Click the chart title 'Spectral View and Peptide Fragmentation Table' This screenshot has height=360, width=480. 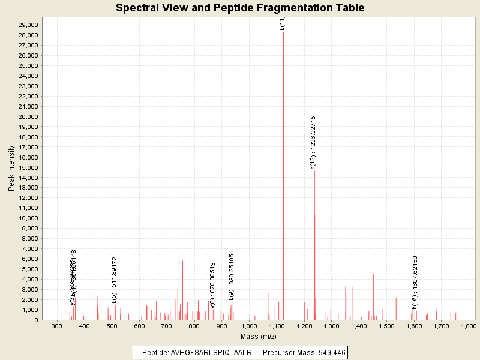[240, 8]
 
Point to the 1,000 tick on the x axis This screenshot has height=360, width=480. [250, 326]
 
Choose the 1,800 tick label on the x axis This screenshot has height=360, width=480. [469, 326]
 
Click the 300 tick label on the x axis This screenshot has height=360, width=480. [58, 326]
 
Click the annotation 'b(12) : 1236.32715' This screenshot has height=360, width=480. [313, 142]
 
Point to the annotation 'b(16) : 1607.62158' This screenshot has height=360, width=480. [415, 282]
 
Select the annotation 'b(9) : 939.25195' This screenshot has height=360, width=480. [232, 277]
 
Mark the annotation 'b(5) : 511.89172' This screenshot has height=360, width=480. [115, 280]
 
